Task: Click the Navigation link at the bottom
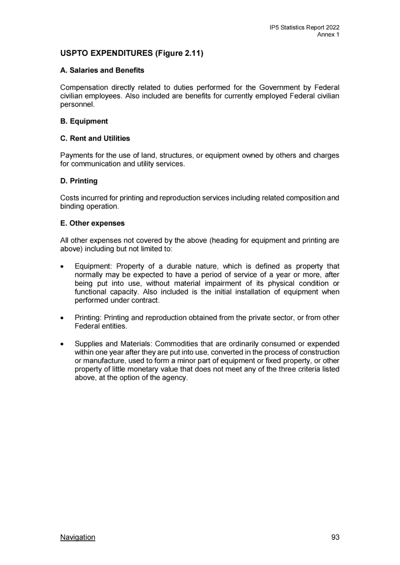click(x=77, y=537)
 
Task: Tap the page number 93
click(x=335, y=537)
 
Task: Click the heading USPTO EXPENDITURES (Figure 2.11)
click(x=131, y=53)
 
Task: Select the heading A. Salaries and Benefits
click(x=102, y=70)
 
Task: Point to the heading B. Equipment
click(x=84, y=121)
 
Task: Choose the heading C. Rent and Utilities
click(x=95, y=138)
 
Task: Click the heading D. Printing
click(x=79, y=181)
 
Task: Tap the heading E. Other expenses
click(x=93, y=223)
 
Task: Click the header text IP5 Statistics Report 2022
click(x=304, y=27)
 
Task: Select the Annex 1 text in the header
click(x=328, y=34)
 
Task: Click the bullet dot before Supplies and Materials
click(x=62, y=344)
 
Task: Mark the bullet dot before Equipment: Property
click(x=62, y=266)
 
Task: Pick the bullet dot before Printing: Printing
click(x=62, y=318)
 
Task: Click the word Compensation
click(x=84, y=87)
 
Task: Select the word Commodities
click(x=176, y=344)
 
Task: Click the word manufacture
click(x=104, y=361)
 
